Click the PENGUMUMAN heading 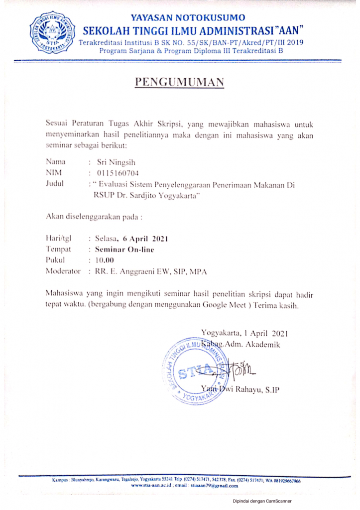180,83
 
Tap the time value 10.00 105,260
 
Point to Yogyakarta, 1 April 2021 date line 244,333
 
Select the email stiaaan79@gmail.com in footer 207,485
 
